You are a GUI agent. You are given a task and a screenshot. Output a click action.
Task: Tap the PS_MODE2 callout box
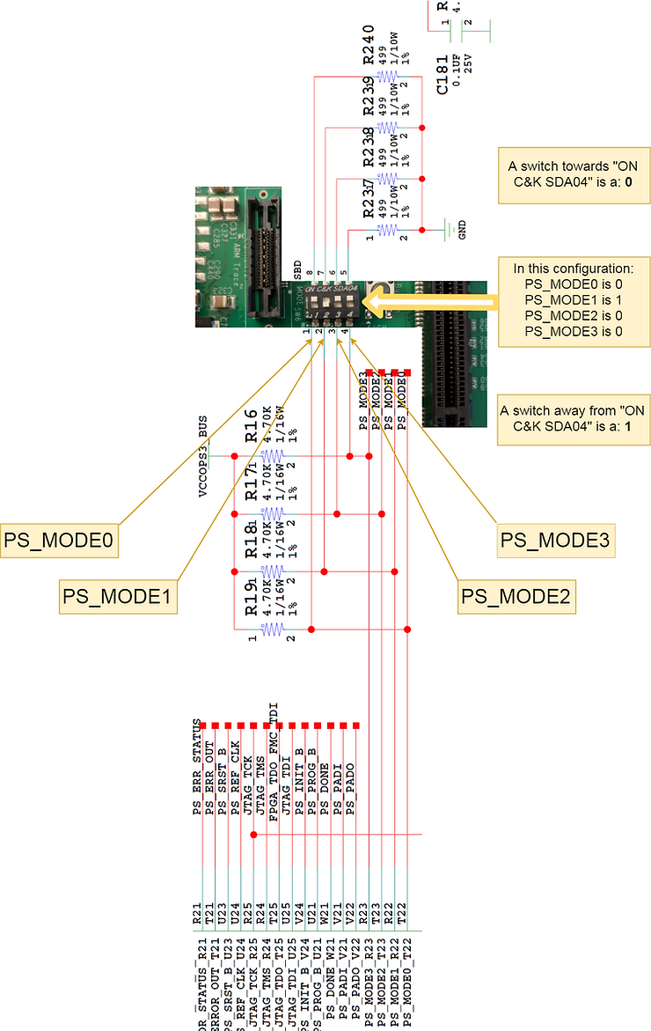pyautogui.click(x=516, y=597)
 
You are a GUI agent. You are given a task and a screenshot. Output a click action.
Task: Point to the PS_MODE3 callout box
pyautogui.click(x=557, y=539)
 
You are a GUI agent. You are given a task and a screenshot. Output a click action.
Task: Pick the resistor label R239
pyautogui.click(x=369, y=97)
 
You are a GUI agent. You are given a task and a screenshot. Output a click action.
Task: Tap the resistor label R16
pyautogui.click(x=251, y=425)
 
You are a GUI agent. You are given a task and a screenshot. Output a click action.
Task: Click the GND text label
pyautogui.click(x=462, y=230)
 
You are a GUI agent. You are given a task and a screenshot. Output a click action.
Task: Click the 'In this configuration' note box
pyautogui.click(x=573, y=301)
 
